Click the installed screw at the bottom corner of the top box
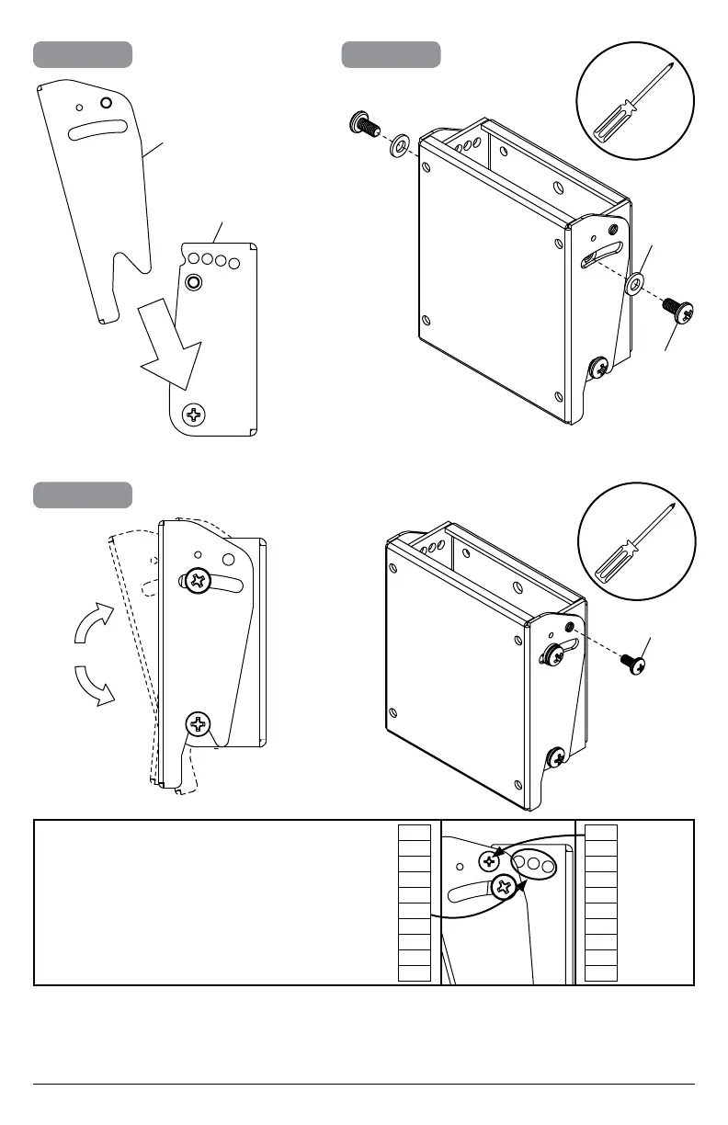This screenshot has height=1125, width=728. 598,369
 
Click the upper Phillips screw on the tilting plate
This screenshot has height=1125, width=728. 197,581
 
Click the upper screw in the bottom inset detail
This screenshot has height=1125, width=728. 489,860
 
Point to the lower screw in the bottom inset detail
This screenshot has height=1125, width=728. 504,888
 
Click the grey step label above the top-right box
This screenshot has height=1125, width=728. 391,54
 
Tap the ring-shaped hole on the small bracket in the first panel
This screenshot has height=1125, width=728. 193,280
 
